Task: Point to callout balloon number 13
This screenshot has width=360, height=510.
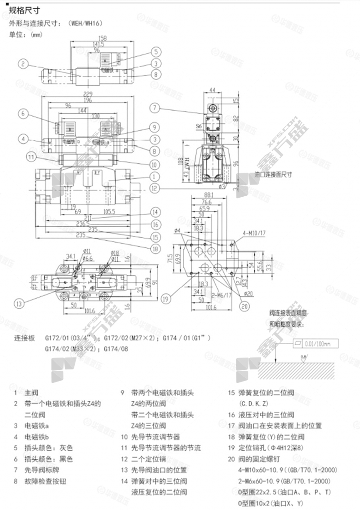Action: [x=19, y=304]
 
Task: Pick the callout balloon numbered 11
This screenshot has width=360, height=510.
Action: [x=31, y=157]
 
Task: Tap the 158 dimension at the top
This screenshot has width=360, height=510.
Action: [x=103, y=38]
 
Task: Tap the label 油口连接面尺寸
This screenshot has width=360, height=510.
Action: [x=273, y=174]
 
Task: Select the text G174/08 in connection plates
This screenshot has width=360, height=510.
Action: [x=116, y=349]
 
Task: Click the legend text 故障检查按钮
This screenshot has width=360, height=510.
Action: [x=44, y=481]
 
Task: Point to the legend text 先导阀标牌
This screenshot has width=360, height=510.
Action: [x=41, y=469]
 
